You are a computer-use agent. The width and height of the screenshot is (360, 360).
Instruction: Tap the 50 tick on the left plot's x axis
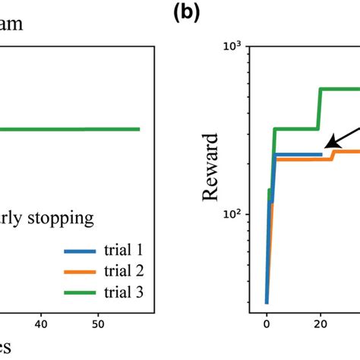tap(97, 324)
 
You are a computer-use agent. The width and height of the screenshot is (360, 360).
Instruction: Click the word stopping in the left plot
tap(63, 219)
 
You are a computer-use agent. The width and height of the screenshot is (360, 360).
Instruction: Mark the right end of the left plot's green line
tap(140, 129)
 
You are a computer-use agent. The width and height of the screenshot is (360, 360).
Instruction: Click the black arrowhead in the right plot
tap(330, 144)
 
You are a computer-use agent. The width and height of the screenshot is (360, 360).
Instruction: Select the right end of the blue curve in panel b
tap(322, 154)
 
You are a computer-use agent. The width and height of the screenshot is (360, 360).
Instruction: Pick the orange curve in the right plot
tap(304, 159)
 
